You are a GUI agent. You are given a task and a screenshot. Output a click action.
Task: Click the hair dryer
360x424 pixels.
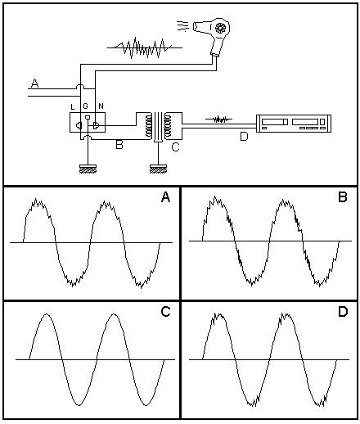[215, 34]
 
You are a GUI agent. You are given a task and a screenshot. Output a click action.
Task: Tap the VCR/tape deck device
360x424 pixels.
[294, 124]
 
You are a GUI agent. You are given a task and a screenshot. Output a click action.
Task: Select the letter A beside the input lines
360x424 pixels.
[34, 83]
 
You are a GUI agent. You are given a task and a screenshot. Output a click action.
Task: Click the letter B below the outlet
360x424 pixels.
[119, 144]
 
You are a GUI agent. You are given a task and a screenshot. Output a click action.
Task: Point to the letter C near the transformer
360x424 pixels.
[175, 147]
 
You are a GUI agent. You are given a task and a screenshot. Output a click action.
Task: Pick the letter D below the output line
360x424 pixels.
[244, 137]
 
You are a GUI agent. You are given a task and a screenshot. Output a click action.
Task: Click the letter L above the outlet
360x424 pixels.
[73, 106]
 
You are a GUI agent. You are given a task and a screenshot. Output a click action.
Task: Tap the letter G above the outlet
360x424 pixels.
[86, 106]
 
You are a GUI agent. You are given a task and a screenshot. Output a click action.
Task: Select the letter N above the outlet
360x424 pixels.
[101, 106]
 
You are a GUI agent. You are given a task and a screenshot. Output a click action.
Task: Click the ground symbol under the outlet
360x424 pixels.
[88, 169]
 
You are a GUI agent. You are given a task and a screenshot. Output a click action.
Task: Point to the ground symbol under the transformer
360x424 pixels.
[159, 169]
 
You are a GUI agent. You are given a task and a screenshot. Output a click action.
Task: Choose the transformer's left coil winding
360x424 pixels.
[149, 125]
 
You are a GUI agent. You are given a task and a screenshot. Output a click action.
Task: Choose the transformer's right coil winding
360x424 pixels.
[168, 125]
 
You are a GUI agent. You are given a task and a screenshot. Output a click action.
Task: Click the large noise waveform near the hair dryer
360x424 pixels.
[145, 47]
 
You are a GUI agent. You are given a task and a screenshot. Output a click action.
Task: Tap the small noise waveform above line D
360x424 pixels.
[218, 120]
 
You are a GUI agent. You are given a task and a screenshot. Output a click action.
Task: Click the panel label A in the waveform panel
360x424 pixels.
[165, 197]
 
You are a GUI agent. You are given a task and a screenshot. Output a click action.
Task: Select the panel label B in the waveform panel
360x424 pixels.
[343, 197]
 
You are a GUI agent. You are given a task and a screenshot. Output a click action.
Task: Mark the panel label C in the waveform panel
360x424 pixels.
[165, 312]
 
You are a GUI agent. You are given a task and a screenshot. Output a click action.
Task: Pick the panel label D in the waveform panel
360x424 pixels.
[343, 312]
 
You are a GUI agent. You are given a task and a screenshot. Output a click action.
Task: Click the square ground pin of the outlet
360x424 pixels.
[88, 118]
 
